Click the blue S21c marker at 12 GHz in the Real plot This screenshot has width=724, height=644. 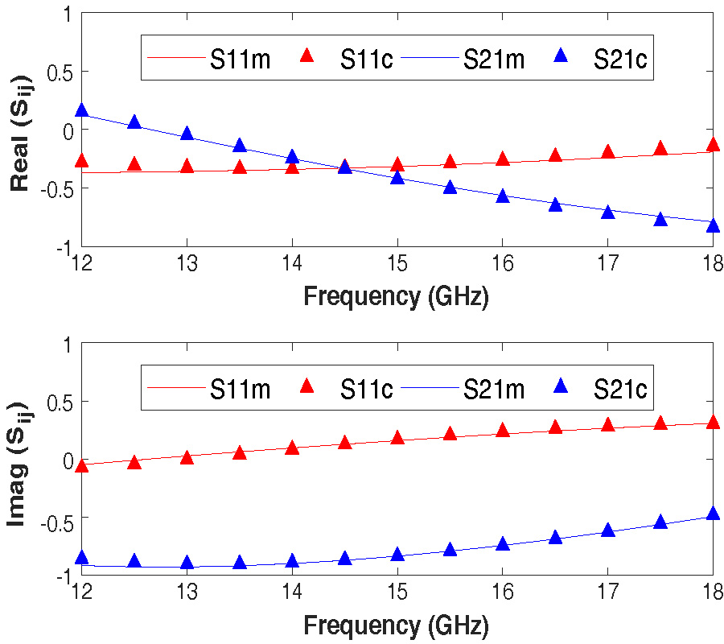tap(81, 111)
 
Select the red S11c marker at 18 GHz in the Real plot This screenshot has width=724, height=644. tap(713, 145)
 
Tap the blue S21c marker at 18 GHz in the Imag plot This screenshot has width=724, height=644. tap(713, 514)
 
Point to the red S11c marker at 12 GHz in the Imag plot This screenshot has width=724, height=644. tap(81, 465)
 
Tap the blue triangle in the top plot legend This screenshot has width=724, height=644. tap(562, 57)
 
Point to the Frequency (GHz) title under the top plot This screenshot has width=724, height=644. tap(396, 295)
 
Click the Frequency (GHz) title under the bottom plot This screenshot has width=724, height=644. tap(396, 625)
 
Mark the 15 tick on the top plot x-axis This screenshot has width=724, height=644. tap(397, 264)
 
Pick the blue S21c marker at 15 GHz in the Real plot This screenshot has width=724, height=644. tap(397, 177)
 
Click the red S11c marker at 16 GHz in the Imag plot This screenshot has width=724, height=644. tap(502, 431)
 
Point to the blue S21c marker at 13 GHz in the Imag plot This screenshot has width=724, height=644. tap(187, 563)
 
